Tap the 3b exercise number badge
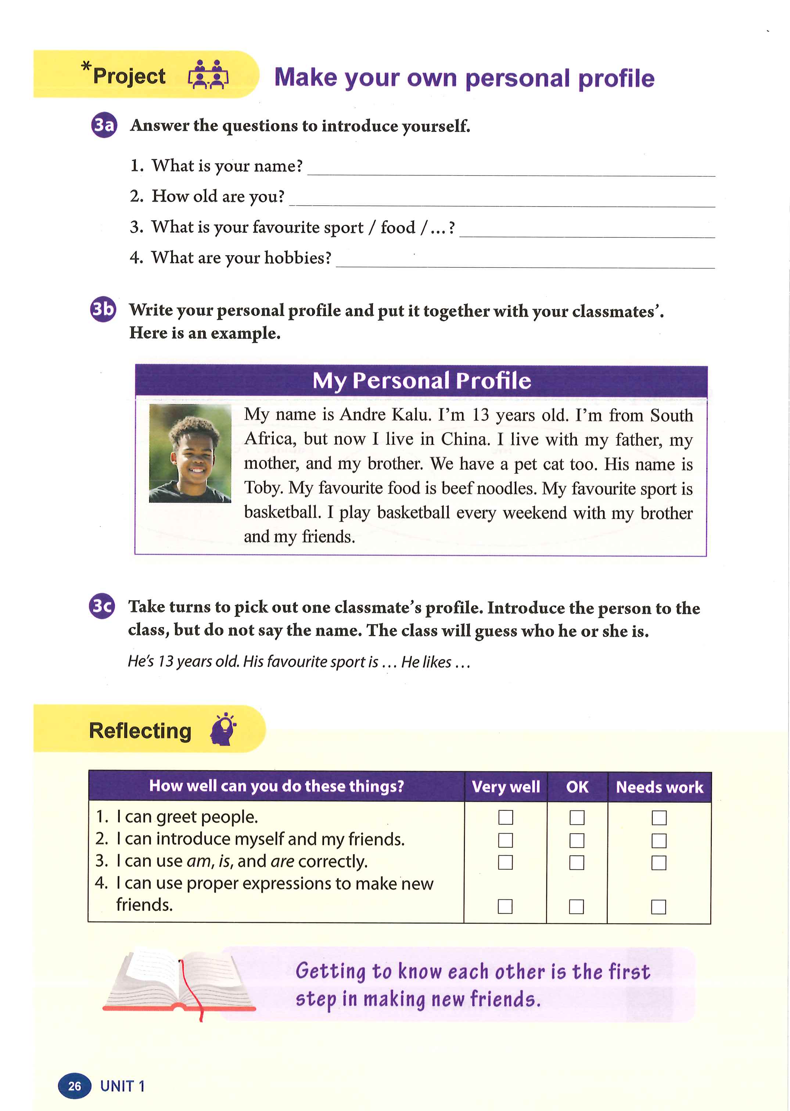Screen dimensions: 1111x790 [x=103, y=309]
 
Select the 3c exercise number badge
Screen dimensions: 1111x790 [x=102, y=606]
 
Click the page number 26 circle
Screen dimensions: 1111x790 [x=75, y=1086]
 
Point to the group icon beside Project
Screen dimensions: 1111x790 [x=208, y=75]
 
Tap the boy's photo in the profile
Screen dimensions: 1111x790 [x=190, y=453]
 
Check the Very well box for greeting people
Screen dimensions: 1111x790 [x=506, y=817]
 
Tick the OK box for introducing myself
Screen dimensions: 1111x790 [x=577, y=840]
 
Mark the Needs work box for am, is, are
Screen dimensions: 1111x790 [x=659, y=862]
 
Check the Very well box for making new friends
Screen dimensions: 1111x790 [x=505, y=906]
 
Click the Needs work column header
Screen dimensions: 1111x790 [x=659, y=787]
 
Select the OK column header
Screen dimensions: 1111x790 [x=577, y=787]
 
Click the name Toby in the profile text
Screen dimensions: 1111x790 [x=263, y=488]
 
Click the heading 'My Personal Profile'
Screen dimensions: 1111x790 [x=421, y=380]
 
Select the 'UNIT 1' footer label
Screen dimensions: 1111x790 [x=122, y=1086]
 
